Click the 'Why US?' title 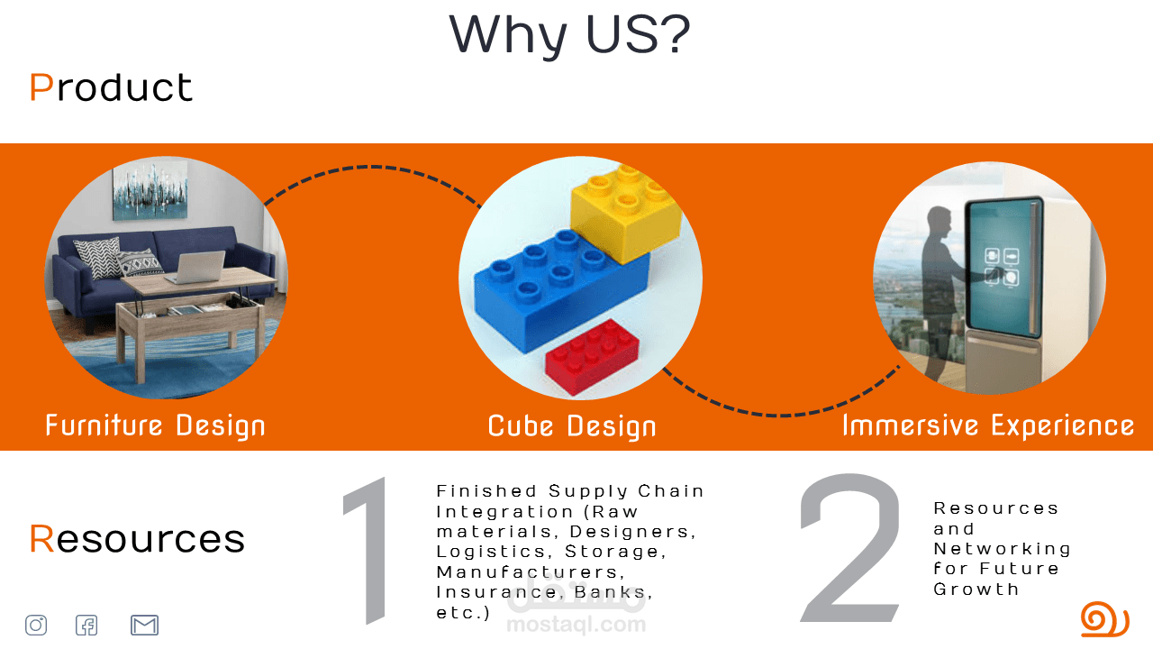point(569,35)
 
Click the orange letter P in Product point(41,87)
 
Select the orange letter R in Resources point(41,539)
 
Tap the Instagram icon point(36,626)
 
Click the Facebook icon point(86,626)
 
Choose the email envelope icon point(144,626)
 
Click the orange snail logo point(1104,619)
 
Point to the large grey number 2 point(849,548)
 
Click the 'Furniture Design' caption point(155,426)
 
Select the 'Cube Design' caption point(572,426)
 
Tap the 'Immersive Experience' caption point(988,425)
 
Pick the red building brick point(592,356)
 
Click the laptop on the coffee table point(197,267)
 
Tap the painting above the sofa point(150,190)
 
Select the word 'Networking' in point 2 point(1003,549)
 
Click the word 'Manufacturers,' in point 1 point(531,572)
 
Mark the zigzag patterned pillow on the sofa point(98,258)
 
